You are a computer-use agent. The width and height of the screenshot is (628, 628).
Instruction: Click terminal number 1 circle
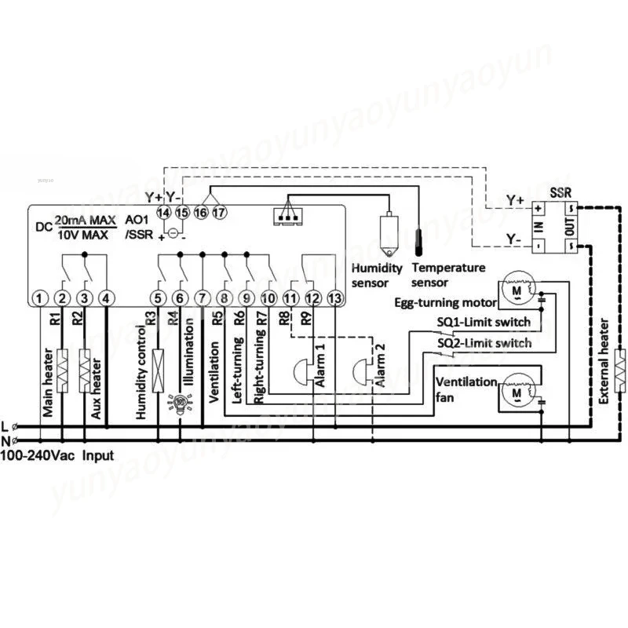(x=39, y=298)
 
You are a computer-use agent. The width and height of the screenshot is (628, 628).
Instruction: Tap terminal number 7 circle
(x=202, y=298)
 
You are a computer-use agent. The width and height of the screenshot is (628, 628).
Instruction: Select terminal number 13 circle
(x=335, y=298)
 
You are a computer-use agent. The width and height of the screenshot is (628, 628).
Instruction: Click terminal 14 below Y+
(x=163, y=212)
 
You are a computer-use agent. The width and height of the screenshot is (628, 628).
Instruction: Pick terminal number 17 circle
(x=219, y=212)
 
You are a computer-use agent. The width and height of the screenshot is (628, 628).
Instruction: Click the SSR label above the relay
(x=560, y=192)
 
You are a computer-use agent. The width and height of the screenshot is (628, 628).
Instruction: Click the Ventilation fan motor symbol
(x=515, y=390)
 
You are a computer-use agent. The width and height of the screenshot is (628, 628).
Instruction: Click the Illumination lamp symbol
(x=180, y=403)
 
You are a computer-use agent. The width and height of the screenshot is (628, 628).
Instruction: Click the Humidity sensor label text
(x=377, y=275)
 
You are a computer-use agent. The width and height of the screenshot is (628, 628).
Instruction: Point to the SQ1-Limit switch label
(x=483, y=322)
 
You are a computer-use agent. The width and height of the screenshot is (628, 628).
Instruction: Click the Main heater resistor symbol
(x=61, y=366)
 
